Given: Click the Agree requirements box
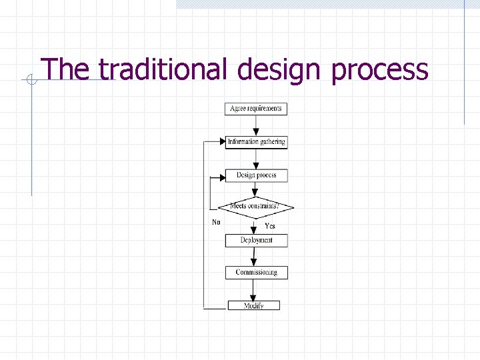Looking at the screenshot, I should tap(256, 109).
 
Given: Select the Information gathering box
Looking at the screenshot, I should tap(256, 142).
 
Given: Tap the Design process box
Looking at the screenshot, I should tap(256, 175).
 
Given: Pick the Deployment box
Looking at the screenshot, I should tap(256, 240).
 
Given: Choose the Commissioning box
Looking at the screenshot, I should tap(256, 272).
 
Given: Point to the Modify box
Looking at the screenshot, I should tap(254, 305).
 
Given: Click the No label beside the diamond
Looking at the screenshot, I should tap(216, 222).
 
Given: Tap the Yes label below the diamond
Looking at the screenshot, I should tap(270, 226).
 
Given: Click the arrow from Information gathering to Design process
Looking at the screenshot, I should tap(256, 159).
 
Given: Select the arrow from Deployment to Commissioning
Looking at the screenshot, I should tap(256, 257).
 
